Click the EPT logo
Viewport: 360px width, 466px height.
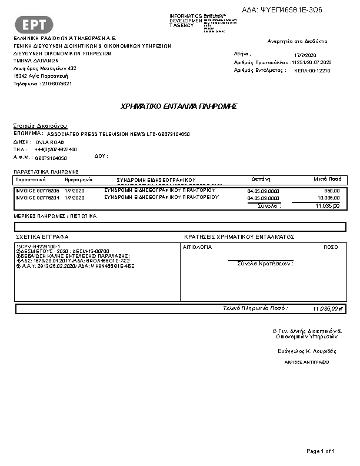(x=38, y=24)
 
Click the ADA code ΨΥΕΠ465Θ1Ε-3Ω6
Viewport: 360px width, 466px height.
(x=291, y=10)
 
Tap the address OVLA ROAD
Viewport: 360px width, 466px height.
(x=49, y=142)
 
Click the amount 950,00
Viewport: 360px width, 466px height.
(x=332, y=191)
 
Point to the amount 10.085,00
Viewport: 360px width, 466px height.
(x=328, y=198)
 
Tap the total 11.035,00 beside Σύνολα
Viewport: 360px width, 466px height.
(x=328, y=206)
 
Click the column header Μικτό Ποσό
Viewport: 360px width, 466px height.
(x=328, y=178)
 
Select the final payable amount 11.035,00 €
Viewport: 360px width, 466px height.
(x=328, y=308)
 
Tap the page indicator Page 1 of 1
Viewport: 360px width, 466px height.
(x=321, y=451)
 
